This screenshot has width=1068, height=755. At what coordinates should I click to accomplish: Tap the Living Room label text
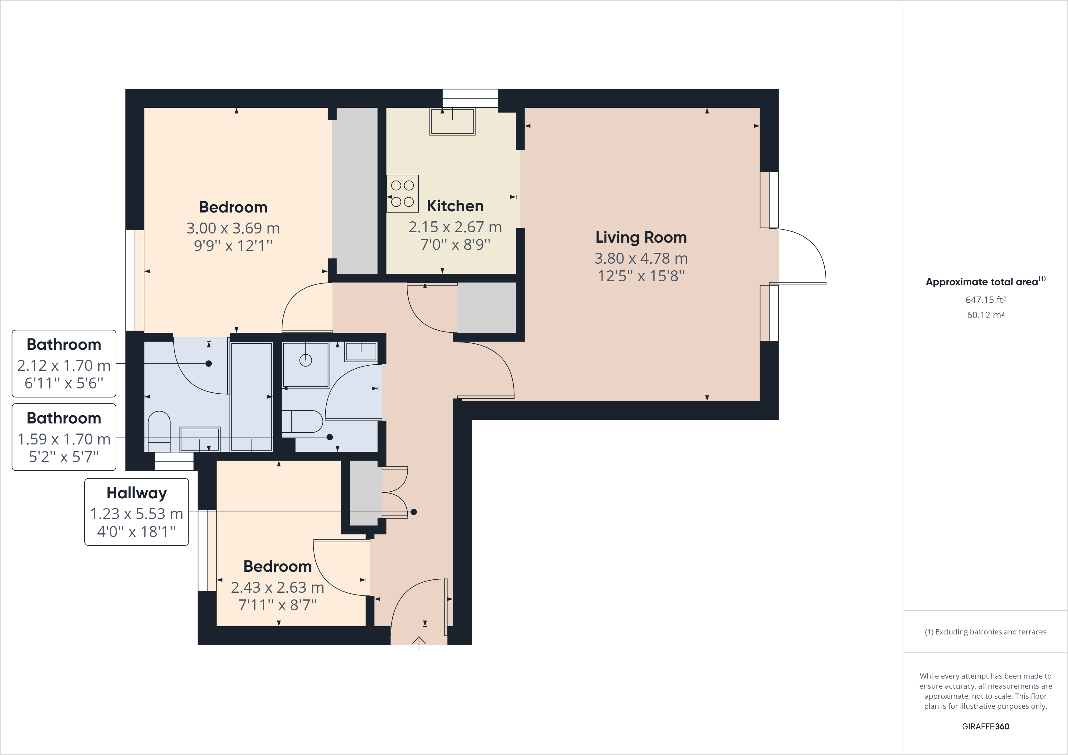click(x=641, y=237)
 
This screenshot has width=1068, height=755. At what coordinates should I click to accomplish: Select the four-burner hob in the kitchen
click(x=402, y=194)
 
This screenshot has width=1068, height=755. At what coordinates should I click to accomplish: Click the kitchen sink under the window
click(x=452, y=121)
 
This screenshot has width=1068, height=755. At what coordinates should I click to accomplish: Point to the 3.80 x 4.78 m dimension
click(x=641, y=258)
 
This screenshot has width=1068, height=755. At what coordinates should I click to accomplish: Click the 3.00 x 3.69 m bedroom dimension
click(x=233, y=228)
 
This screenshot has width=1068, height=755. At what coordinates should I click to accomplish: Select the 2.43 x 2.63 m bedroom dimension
click(x=277, y=588)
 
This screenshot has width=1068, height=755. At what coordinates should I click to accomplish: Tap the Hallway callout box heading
click(x=136, y=493)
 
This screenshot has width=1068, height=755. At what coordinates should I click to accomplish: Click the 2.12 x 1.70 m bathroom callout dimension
click(x=64, y=366)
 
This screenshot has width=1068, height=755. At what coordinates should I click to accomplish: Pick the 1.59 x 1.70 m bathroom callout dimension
click(x=64, y=439)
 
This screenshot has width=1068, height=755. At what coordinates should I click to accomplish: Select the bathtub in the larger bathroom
click(x=252, y=397)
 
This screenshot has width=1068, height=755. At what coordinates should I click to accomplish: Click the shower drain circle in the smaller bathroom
click(x=306, y=360)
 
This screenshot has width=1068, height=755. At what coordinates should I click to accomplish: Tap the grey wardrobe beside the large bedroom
click(x=357, y=191)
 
